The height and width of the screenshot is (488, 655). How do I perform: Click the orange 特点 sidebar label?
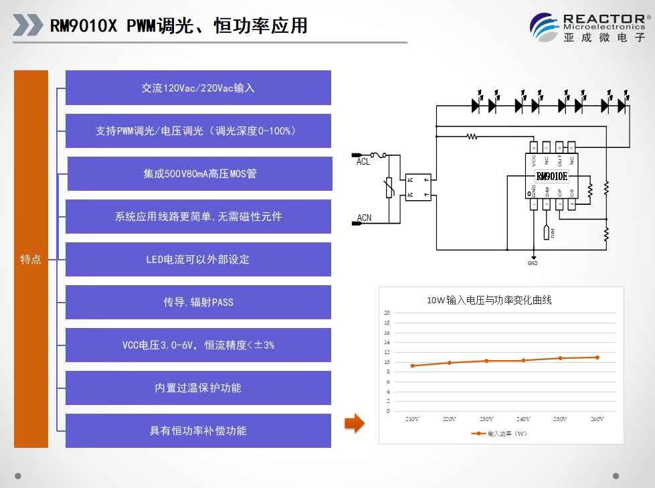(x=31, y=260)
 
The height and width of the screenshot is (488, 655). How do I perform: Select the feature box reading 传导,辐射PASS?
(x=198, y=302)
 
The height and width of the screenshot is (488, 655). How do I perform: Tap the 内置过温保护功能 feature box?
(x=198, y=388)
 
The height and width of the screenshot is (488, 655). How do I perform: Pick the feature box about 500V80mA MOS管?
(x=199, y=174)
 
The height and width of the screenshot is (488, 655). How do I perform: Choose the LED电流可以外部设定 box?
(x=198, y=259)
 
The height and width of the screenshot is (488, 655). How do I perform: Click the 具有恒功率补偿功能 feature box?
(x=198, y=430)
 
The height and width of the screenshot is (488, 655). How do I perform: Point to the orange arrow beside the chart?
(x=354, y=422)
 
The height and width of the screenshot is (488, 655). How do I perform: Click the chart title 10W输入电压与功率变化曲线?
(x=489, y=301)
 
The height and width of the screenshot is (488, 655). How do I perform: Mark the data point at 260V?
(x=597, y=357)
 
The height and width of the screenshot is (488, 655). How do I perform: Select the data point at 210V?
(x=412, y=365)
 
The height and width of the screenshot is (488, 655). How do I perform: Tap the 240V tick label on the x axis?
(x=523, y=419)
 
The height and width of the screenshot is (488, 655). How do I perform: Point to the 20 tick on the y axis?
(x=387, y=313)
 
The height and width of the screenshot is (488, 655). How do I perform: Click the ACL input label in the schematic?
(x=363, y=161)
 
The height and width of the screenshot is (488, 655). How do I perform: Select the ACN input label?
(x=364, y=218)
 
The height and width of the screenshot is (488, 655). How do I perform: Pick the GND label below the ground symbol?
(x=533, y=263)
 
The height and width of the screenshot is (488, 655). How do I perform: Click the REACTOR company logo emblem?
(x=545, y=27)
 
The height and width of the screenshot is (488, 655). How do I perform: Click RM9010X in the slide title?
(x=84, y=25)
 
